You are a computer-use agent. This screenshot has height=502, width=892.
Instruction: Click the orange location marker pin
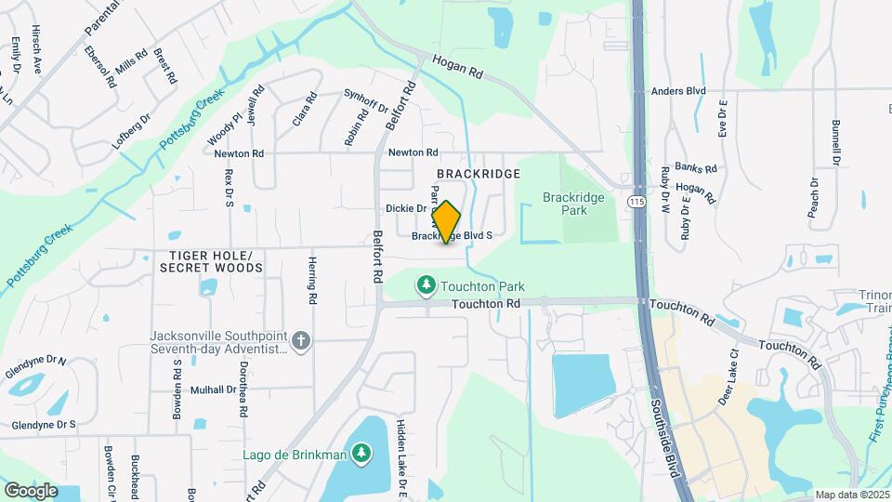pyautogui.click(x=446, y=221)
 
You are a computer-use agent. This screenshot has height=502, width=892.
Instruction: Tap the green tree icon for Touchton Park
pyautogui.click(x=426, y=284)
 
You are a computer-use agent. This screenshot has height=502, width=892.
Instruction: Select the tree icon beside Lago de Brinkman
pyautogui.click(x=361, y=453)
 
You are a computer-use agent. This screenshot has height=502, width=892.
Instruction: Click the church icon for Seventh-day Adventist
pyautogui.click(x=300, y=341)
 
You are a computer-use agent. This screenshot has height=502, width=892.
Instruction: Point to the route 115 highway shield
pyautogui.click(x=636, y=201)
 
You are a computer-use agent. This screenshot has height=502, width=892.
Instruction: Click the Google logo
pyautogui.click(x=31, y=490)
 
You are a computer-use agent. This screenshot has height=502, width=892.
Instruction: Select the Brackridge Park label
pyautogui.click(x=573, y=204)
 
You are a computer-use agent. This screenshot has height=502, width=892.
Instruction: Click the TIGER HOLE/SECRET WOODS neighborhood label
pyautogui.click(x=211, y=261)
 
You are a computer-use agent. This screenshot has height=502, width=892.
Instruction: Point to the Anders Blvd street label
pyautogui.click(x=678, y=91)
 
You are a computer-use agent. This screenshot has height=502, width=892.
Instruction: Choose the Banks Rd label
pyautogui.click(x=696, y=168)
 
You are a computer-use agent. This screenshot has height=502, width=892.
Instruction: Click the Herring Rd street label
pyautogui.click(x=313, y=282)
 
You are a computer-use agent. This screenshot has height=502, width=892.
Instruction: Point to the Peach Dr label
pyautogui.click(x=813, y=198)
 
